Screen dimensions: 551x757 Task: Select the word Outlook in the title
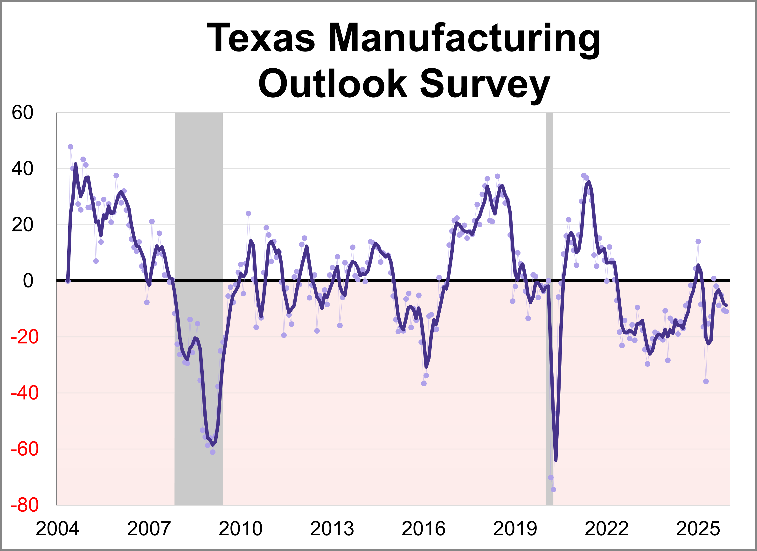tap(333, 84)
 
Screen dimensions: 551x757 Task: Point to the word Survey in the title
tap(485, 84)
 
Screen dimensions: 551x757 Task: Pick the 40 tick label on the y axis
tap(22, 169)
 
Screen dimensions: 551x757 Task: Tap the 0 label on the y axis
tap(28, 281)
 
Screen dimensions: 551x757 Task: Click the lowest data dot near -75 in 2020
tap(553, 489)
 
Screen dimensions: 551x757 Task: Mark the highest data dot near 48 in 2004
tap(70, 147)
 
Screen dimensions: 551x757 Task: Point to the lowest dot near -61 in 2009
tap(213, 452)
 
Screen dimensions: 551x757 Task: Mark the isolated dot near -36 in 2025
tap(706, 381)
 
